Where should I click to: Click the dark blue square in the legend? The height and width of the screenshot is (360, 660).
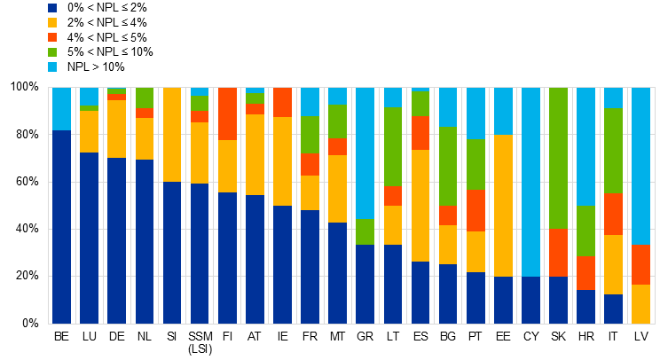52,8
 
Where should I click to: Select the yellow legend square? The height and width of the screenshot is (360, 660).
52,23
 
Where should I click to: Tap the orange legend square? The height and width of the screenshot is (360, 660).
52,37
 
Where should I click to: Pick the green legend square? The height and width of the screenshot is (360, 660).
52,52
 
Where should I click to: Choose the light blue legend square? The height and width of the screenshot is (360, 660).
52,67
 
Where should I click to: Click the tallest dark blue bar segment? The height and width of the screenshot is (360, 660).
61,227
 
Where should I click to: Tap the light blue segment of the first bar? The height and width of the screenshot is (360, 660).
61,109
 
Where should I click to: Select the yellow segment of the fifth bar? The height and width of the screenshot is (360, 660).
172,135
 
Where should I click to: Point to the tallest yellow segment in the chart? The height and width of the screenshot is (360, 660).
503,206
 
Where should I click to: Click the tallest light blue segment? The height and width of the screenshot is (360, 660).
530,182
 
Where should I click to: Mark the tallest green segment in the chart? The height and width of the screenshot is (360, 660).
558,158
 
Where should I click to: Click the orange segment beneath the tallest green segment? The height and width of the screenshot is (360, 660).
558,253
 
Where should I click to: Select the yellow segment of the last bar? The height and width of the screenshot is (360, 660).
640,304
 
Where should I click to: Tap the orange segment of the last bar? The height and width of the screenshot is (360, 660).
640,264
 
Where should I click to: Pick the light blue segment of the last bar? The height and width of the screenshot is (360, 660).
640,166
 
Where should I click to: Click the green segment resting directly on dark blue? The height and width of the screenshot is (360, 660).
365,232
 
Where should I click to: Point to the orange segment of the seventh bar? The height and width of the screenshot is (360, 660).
227,113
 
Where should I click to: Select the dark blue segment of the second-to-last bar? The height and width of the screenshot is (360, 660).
613,309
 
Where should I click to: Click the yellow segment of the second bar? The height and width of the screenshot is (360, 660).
89,131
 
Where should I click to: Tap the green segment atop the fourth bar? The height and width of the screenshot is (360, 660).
145,98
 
